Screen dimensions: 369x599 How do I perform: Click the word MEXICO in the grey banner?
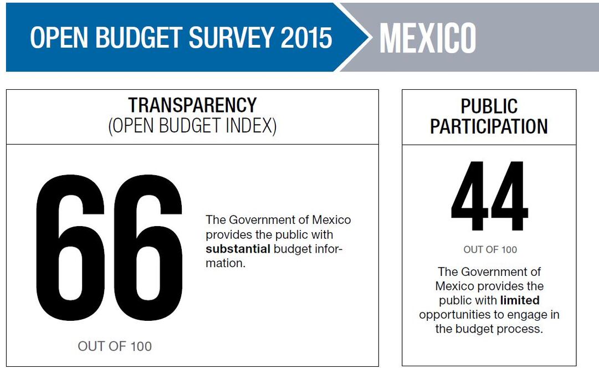427,38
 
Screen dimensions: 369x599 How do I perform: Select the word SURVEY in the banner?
232,38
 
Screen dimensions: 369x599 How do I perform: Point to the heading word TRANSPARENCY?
192,105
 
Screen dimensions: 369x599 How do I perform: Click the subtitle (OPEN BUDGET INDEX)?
192,126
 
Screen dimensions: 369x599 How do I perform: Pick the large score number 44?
489,197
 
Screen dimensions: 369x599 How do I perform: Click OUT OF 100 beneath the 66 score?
115,346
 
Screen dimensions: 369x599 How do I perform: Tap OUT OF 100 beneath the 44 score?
490,250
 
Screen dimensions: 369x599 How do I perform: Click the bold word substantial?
238,249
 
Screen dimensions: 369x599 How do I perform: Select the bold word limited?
520,300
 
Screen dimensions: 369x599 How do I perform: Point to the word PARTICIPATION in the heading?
489,126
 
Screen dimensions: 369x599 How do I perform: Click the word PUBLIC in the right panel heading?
489,106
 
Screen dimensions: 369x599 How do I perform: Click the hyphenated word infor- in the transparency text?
330,249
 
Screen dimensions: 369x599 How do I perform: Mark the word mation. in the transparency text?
225,263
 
